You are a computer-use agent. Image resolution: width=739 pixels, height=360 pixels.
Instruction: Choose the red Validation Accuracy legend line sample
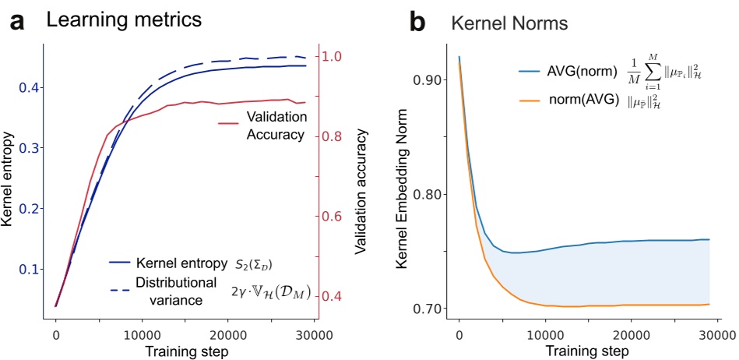227,123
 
